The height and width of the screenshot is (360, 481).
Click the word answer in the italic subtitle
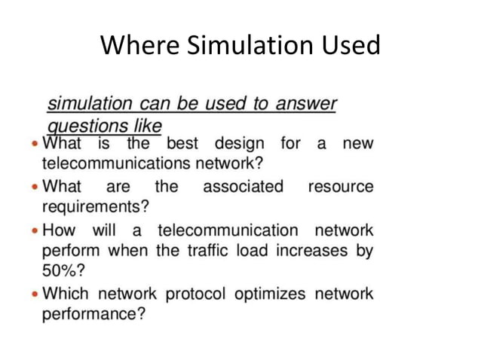[x=305, y=104]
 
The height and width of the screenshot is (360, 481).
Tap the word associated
[x=243, y=186]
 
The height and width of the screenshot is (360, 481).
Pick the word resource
[x=340, y=186]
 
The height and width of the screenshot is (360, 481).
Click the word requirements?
[x=95, y=206]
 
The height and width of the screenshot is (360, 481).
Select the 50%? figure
[x=63, y=270]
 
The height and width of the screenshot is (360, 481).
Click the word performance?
[x=93, y=313]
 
